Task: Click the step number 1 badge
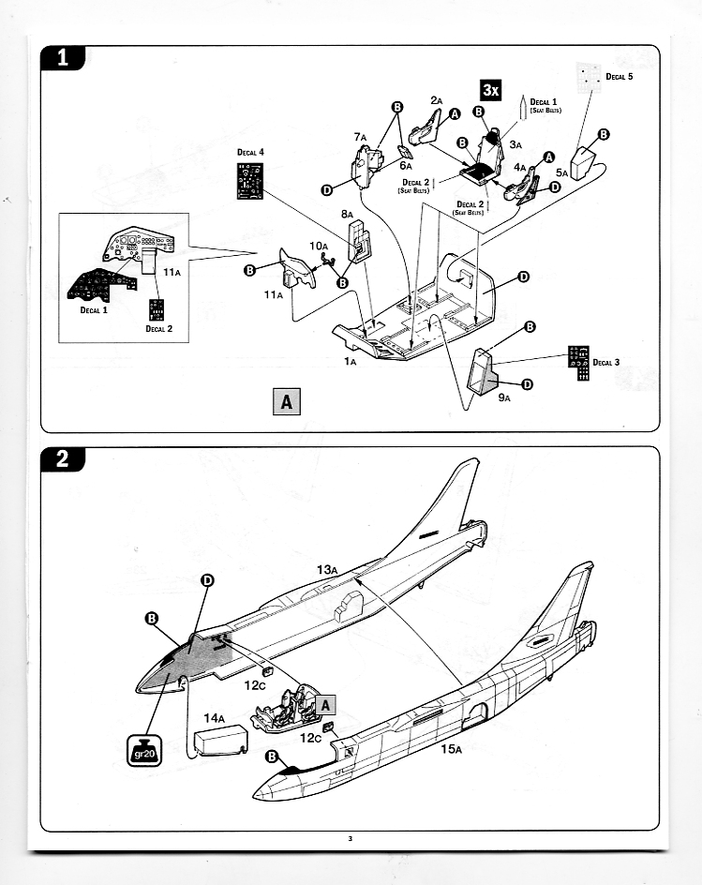point(63,57)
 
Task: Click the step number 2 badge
point(63,459)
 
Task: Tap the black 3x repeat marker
point(491,89)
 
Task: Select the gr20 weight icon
point(145,750)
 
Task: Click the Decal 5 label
point(619,77)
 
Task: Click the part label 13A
point(326,569)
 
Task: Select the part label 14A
point(214,719)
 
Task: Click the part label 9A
point(504,397)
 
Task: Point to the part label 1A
point(350,360)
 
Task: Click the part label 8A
point(347,215)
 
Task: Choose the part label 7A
point(360,137)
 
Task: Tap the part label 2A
point(436,100)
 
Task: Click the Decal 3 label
point(605,362)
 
